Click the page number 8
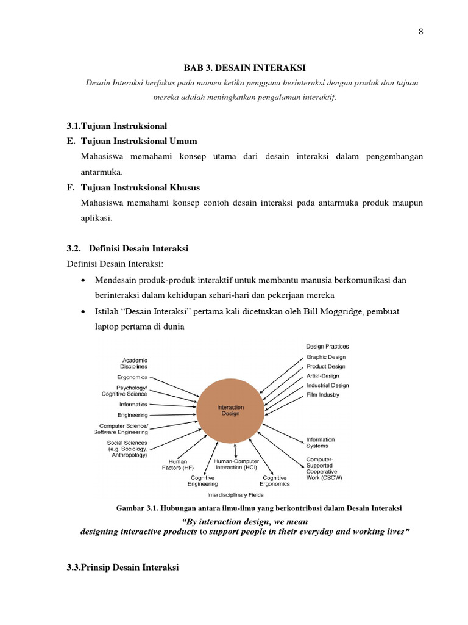420,32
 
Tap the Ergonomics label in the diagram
131,378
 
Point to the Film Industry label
322,395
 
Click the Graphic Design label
325,357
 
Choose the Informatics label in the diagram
133,404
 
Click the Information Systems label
320,443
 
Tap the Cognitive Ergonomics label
274,480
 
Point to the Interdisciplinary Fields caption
236,494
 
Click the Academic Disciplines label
135,364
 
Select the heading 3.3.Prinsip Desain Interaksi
122,568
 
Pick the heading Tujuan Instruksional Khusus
140,187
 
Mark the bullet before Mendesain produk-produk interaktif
83,280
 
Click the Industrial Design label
327,385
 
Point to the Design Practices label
327,347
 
